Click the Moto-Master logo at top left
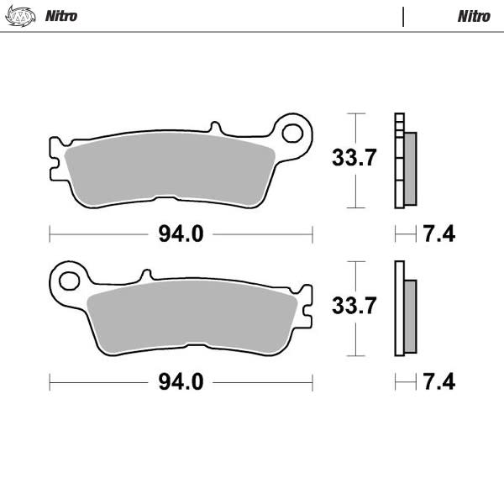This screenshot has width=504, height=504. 23,16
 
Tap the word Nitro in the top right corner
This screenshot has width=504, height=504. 474,16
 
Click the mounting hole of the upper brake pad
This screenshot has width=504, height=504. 292,132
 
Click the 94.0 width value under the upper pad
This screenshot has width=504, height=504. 181,234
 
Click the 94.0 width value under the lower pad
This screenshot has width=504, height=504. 181,382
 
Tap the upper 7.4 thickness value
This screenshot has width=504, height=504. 438,234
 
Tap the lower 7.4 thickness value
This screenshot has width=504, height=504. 438,382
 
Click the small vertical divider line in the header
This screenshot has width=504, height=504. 403,16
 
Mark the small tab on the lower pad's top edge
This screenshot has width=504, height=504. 146,275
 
